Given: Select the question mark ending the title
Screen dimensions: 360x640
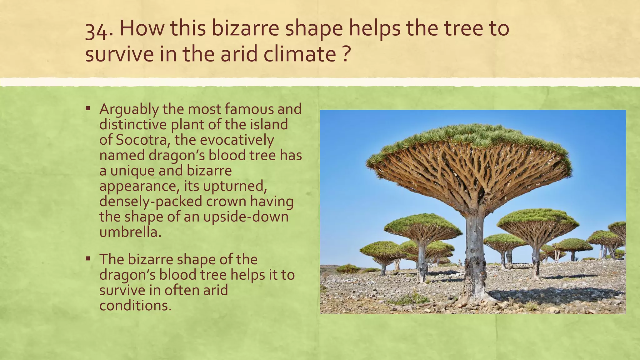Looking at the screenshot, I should [x=344, y=54].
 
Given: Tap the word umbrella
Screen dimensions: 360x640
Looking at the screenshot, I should [x=130, y=232].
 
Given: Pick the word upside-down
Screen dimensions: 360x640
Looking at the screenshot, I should [x=246, y=217].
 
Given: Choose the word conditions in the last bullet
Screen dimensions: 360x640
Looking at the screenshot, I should [x=135, y=305].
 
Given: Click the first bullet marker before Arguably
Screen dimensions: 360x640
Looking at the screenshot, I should [x=88, y=109].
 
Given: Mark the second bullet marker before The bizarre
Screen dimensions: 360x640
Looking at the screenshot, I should [x=88, y=259].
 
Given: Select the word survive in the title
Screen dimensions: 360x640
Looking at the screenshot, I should [x=120, y=54].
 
